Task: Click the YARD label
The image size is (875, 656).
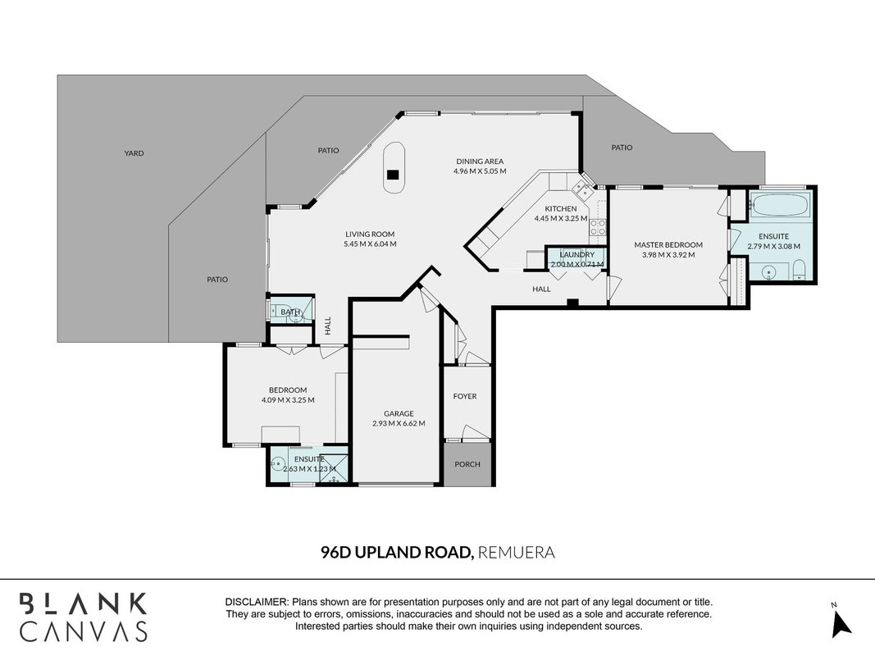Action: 134,153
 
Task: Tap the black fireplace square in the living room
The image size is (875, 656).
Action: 394,175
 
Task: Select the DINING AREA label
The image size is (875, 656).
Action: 480,162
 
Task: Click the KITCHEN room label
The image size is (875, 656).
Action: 561,208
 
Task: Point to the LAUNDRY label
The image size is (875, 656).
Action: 577,254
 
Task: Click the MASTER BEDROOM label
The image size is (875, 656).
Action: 668,245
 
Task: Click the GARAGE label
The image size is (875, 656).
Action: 399,413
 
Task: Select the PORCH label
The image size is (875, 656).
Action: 467,464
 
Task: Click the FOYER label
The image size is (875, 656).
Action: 465,396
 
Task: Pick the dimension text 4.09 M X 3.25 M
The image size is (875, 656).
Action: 288,400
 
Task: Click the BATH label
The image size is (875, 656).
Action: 290,312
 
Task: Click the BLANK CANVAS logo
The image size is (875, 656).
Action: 84,617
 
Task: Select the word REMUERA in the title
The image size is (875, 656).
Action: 517,552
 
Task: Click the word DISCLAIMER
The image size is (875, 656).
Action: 257,603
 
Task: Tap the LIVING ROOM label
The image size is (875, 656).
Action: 370,235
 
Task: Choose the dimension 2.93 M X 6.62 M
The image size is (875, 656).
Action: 399,423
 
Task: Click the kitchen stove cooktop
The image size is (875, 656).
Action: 598,227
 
